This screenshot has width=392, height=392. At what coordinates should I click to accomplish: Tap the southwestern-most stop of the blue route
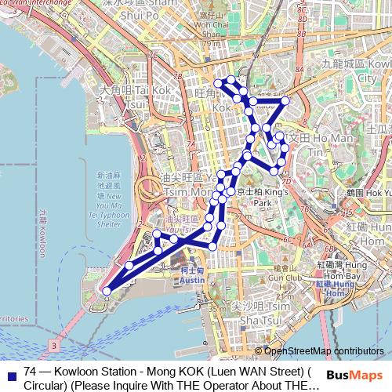(x=107, y=292)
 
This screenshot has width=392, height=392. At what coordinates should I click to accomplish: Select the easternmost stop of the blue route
(x=285, y=100)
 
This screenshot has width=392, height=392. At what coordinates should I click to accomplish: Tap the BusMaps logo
(x=355, y=376)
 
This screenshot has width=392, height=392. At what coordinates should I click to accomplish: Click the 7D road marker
(x=285, y=181)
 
